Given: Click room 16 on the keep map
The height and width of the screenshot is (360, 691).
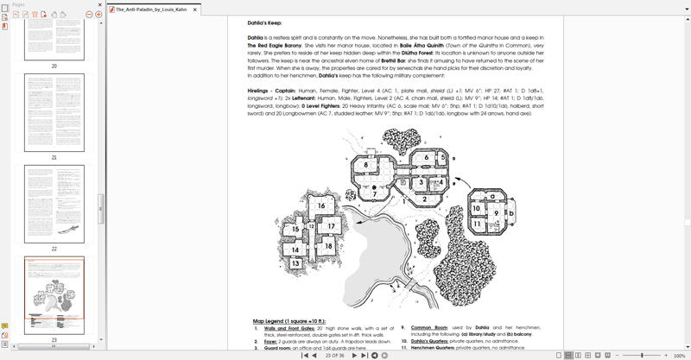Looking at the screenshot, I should click(320, 205).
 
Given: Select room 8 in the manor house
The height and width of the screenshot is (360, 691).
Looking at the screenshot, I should click(365, 164).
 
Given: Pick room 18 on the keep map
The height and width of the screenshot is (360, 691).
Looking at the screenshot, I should click(328, 246).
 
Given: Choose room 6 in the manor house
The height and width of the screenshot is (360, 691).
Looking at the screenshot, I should click(424, 158).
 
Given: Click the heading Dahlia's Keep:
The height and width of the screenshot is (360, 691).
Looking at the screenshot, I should click(269, 23).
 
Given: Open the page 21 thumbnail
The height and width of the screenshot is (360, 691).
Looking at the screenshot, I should click(54, 116).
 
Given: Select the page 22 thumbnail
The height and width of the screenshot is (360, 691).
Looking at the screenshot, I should click(54, 205).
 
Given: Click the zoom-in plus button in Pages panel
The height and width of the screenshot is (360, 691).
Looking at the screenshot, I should click(99, 15).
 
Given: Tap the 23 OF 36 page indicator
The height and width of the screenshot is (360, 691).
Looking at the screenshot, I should click(336, 355).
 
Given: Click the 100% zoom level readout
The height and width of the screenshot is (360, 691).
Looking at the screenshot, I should click(679, 355).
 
